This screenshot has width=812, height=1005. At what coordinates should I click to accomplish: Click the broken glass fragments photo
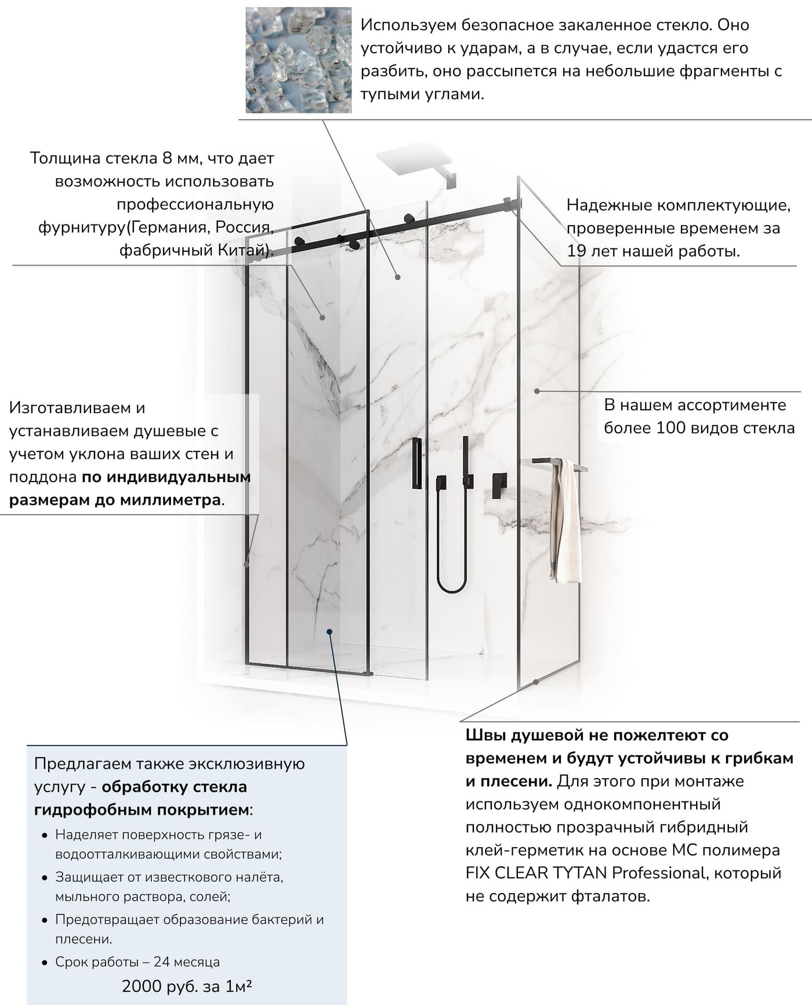(298, 60)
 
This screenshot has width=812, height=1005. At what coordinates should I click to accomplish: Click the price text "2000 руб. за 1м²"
(187, 986)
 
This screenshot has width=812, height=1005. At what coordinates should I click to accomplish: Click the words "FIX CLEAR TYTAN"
(536, 873)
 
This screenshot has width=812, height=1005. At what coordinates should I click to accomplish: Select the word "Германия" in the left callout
(169, 227)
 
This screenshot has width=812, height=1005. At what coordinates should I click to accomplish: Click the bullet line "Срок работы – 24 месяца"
(137, 961)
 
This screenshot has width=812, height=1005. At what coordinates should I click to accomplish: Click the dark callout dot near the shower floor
(329, 632)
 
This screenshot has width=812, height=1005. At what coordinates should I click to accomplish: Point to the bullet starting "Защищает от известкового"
(169, 877)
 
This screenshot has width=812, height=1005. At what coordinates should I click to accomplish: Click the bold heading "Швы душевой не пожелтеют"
(597, 735)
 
